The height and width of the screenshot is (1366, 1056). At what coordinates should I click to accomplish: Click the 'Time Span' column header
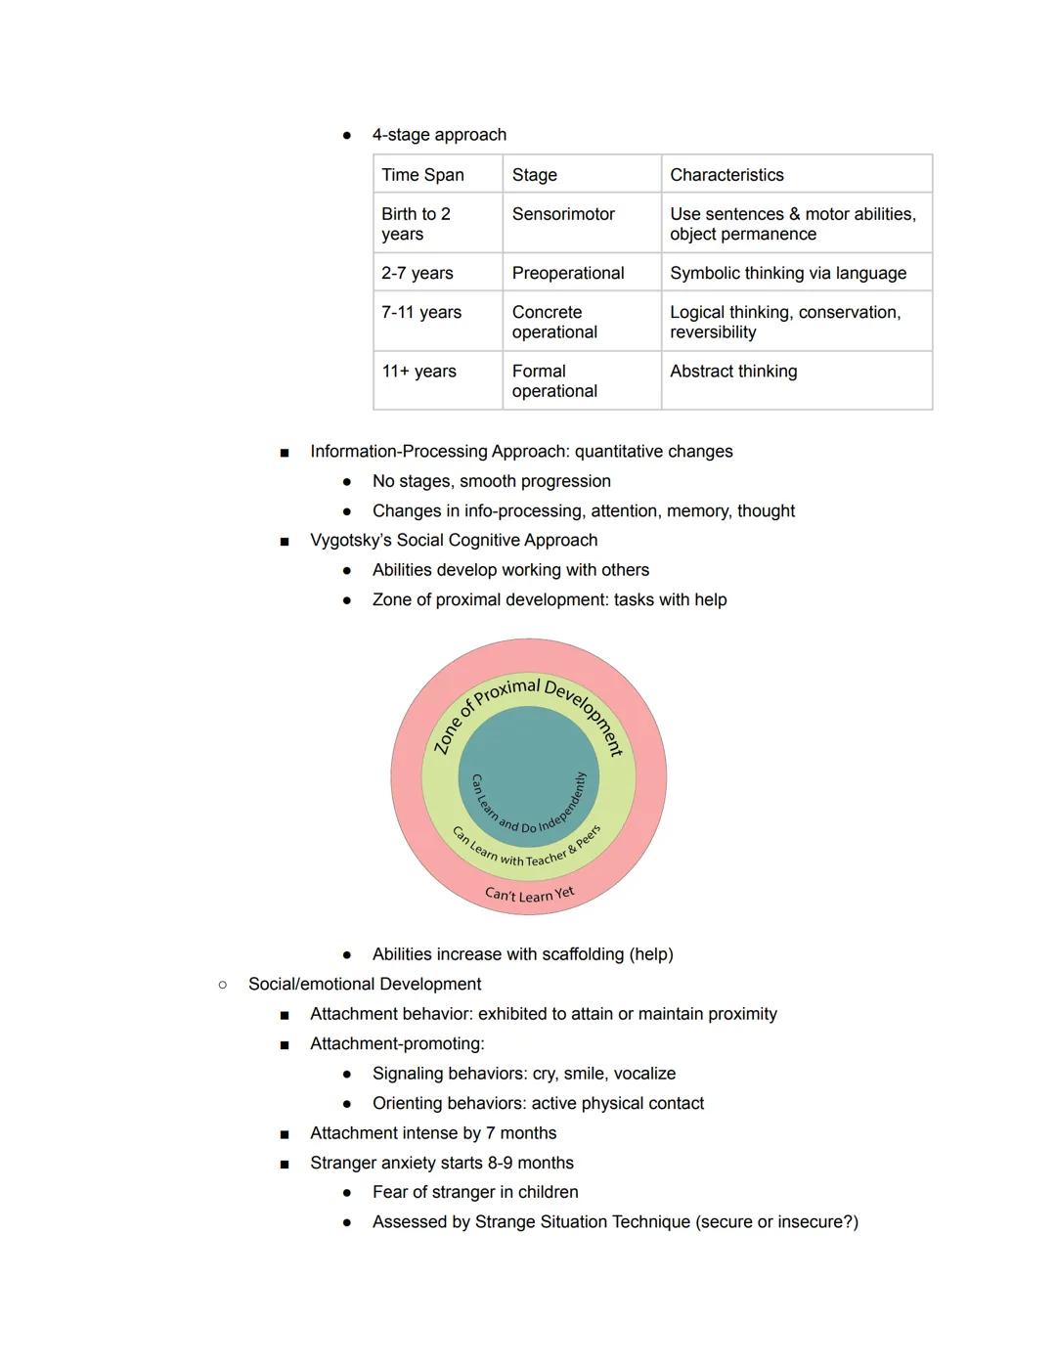(x=422, y=175)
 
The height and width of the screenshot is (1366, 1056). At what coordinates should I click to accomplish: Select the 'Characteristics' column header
(x=726, y=175)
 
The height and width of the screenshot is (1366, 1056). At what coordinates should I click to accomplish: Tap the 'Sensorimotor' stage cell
(x=563, y=214)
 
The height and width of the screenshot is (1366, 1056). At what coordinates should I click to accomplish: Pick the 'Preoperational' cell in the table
(x=567, y=273)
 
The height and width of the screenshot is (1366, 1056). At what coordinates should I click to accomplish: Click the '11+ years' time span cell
(x=418, y=372)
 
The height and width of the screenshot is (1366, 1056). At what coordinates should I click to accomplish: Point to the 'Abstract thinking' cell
(x=733, y=372)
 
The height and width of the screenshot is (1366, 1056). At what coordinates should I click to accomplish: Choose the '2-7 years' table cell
(x=417, y=273)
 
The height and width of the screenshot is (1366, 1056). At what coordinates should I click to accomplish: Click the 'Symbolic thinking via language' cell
(x=787, y=273)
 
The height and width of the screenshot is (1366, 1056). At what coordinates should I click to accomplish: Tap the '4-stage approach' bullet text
(x=439, y=135)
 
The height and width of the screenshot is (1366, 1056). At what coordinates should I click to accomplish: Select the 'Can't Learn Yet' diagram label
(x=529, y=894)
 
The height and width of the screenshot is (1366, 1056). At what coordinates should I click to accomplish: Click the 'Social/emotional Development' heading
(x=364, y=984)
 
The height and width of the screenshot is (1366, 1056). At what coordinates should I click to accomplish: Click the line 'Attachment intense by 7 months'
(x=432, y=1133)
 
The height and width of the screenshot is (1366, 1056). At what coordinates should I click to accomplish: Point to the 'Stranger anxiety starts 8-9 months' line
(x=441, y=1163)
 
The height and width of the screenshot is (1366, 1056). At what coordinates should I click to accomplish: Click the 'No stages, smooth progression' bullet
(x=491, y=481)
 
